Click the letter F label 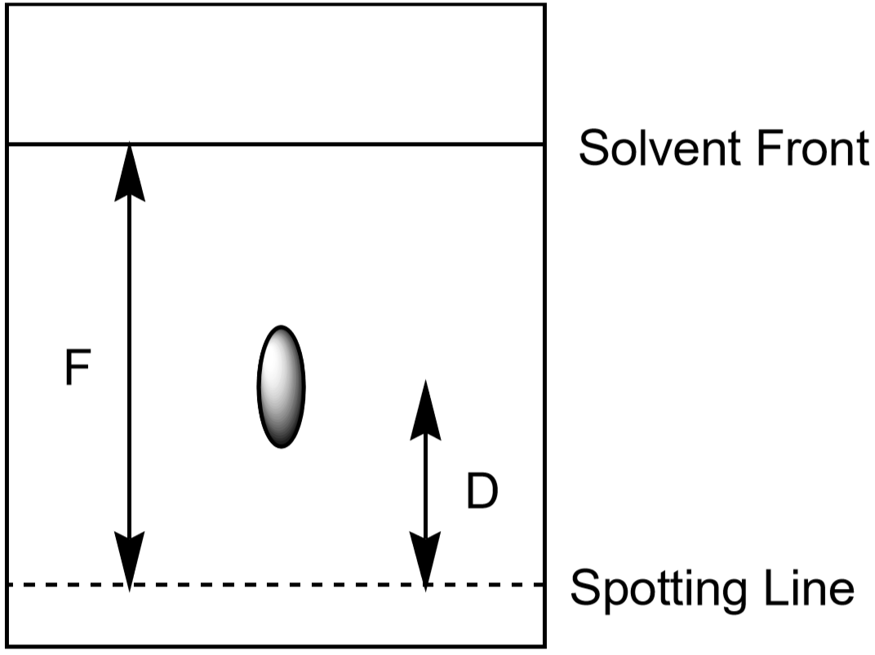pos(78,367)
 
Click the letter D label pos(482,491)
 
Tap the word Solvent pos(660,148)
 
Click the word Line pos(809,587)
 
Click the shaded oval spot pos(282,387)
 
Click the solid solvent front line pos(276,144)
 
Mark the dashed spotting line pos(276,585)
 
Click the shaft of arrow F pos(130,367)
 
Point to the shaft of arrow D pos(426,486)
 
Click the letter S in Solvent pos(593,148)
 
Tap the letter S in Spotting pos(584,587)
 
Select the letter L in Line pos(775,587)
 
